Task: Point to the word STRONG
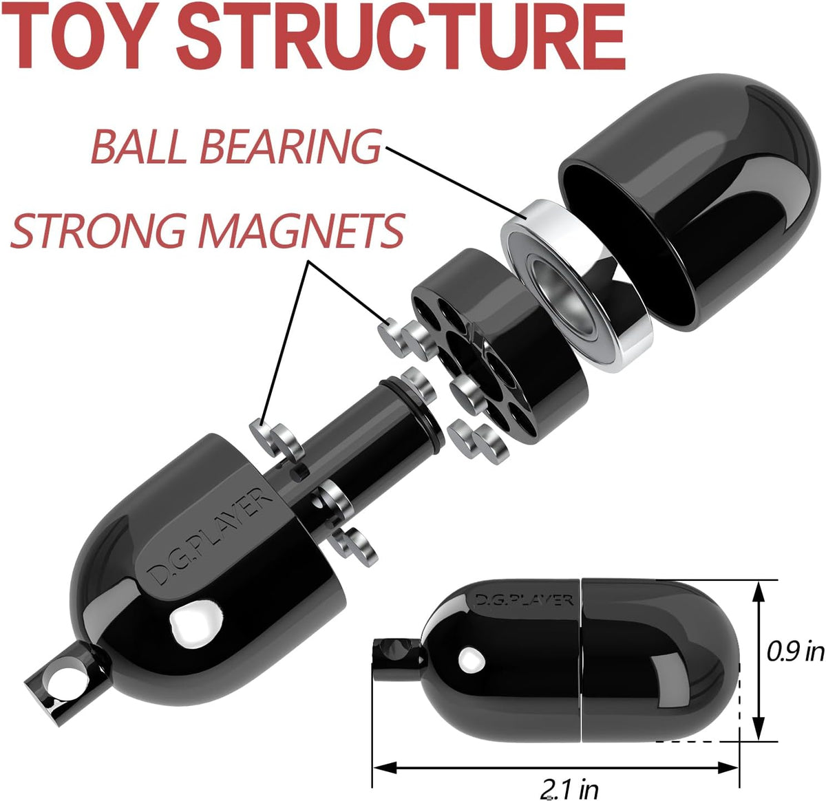point(98,231)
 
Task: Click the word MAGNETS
point(301,231)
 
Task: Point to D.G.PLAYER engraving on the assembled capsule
point(523,599)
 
